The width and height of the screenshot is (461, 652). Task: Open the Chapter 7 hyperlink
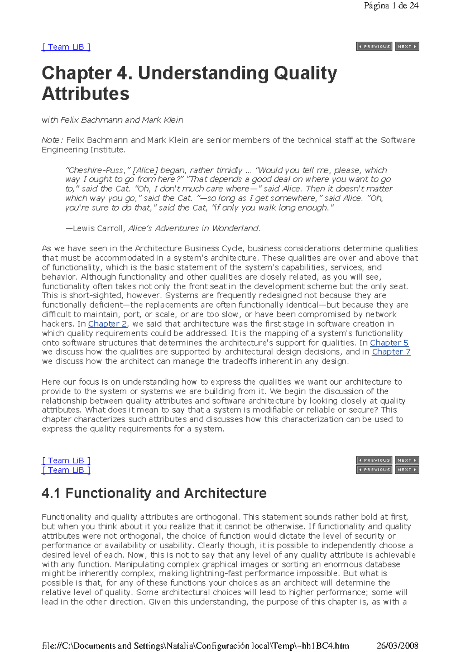click(391, 352)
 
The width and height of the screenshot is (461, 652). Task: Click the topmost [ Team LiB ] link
click(66, 47)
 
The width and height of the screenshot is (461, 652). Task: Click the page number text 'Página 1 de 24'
click(391, 6)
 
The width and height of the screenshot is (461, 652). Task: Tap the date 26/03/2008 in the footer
click(397, 645)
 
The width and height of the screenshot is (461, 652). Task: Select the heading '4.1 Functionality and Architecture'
click(154, 493)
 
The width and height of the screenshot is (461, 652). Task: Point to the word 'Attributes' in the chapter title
click(85, 94)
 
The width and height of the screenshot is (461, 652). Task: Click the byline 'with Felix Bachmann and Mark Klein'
click(112, 120)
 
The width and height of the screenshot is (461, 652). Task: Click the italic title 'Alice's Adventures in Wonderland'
click(194, 229)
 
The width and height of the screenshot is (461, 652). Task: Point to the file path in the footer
click(195, 645)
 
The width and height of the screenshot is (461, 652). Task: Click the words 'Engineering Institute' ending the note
click(83, 150)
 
